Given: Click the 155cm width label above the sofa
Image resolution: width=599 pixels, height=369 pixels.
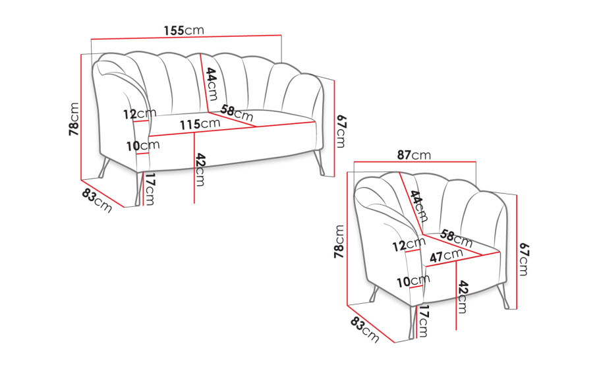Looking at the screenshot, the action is pyautogui.click(x=184, y=30).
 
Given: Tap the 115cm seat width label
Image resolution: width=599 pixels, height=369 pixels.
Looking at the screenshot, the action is pyautogui.click(x=200, y=124).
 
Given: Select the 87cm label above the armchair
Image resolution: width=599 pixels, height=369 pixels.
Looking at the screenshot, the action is pyautogui.click(x=414, y=155).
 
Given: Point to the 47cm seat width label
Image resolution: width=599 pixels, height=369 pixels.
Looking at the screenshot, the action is pyautogui.click(x=446, y=255).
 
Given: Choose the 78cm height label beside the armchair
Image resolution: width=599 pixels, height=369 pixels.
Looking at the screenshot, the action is pyautogui.click(x=339, y=241).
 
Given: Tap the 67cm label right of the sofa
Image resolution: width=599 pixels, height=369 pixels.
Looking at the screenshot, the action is pyautogui.click(x=341, y=131).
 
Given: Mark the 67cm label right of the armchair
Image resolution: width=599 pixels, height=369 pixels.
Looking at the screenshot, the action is pyautogui.click(x=524, y=259).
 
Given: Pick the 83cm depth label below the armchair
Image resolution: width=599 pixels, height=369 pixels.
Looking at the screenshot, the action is pyautogui.click(x=365, y=330).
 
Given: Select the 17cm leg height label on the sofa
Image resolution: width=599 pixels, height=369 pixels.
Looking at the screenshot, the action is pyautogui.click(x=150, y=189).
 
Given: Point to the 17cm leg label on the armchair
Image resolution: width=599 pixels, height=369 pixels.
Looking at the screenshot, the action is pyautogui.click(x=423, y=322).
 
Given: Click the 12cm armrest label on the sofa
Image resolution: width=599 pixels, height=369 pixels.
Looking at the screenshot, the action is pyautogui.click(x=140, y=113).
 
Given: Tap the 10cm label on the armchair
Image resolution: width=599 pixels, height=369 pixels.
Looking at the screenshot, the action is pyautogui.click(x=413, y=281).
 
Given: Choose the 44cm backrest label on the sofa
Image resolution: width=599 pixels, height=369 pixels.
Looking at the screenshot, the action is pyautogui.click(x=212, y=84).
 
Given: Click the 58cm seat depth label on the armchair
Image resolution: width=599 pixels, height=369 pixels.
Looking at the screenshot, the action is pyautogui.click(x=456, y=238).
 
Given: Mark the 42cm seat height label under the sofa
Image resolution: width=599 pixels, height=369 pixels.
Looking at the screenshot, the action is pyautogui.click(x=200, y=169).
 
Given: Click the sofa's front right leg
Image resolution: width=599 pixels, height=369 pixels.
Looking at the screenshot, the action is pyautogui.click(x=320, y=163).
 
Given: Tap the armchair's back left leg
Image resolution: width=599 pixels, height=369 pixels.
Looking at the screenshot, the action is pyautogui.click(x=374, y=294).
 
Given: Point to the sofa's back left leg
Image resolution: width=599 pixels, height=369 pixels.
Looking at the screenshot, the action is pyautogui.click(x=104, y=167).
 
